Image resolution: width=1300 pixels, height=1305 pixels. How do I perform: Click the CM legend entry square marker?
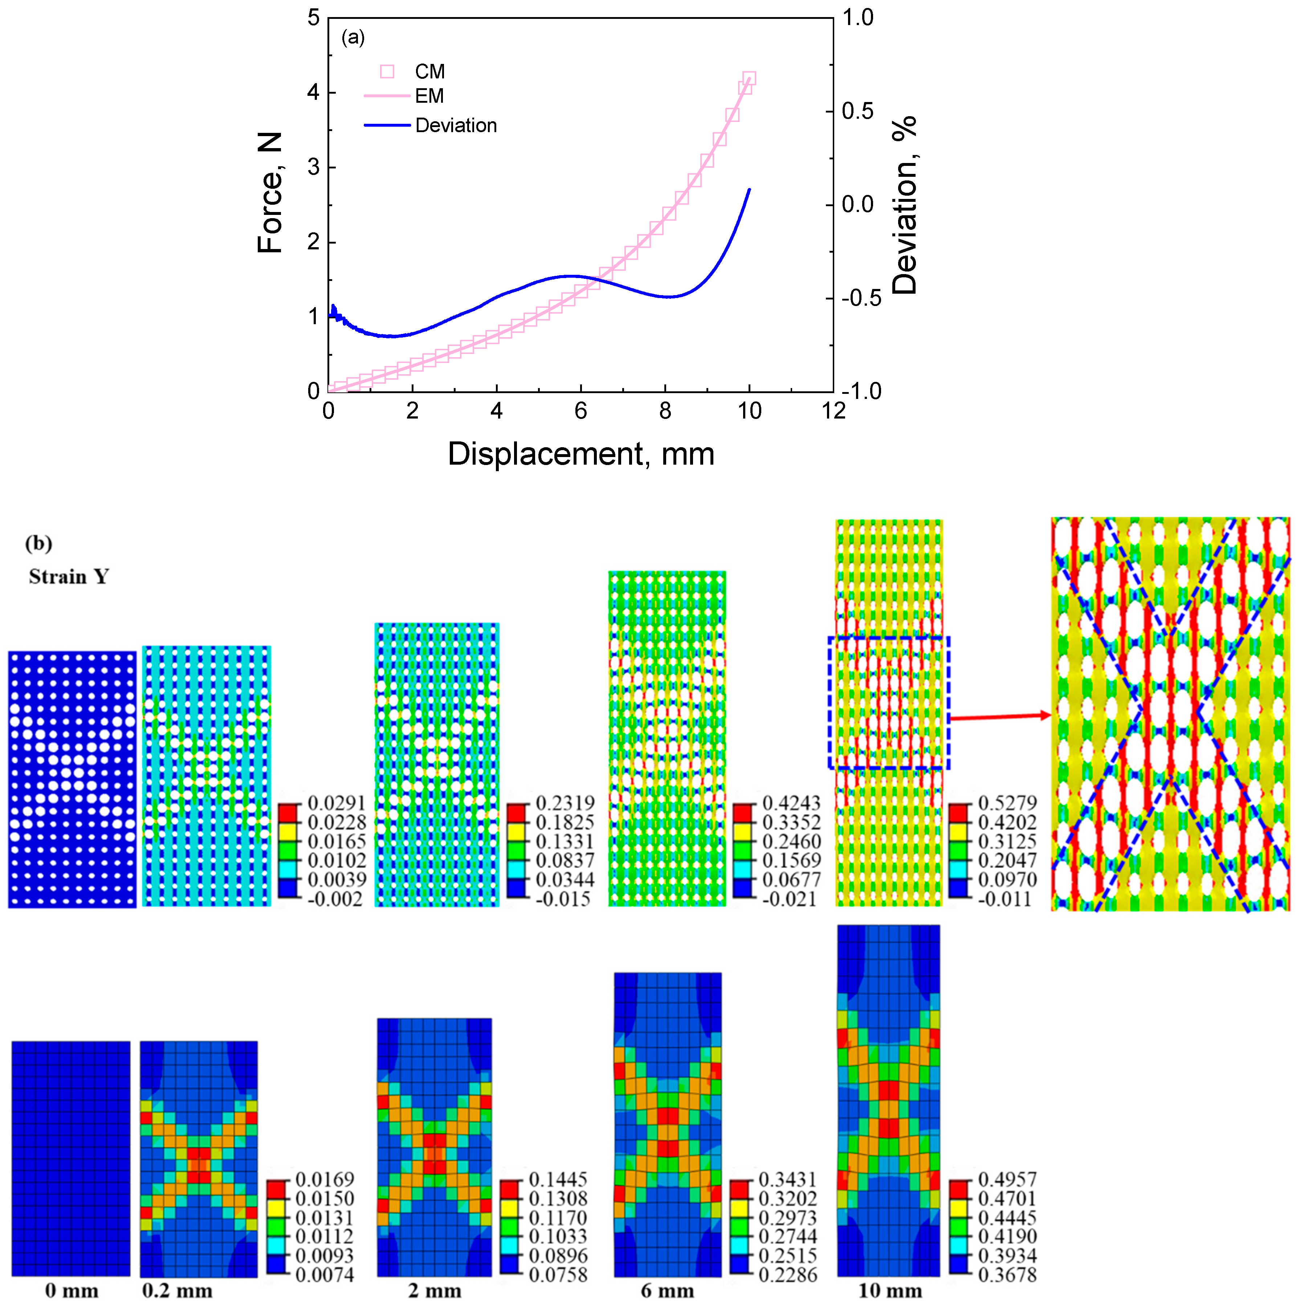click(387, 72)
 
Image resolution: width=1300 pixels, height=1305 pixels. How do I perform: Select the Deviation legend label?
click(456, 126)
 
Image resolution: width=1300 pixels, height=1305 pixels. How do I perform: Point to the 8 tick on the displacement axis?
click(665, 411)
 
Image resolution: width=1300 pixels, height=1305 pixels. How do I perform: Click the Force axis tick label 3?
click(313, 167)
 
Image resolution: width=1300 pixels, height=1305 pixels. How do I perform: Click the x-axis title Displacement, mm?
click(580, 454)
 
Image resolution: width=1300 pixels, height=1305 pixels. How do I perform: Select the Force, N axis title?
click(270, 193)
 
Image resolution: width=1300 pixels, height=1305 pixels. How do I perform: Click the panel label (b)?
click(38, 544)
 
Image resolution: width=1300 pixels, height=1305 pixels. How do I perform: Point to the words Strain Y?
click(68, 577)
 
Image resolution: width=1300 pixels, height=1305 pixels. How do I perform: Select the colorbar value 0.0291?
click(336, 803)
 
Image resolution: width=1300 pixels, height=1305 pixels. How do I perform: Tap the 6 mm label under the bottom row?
click(667, 1291)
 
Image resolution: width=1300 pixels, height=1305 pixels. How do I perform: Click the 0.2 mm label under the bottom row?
click(177, 1291)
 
